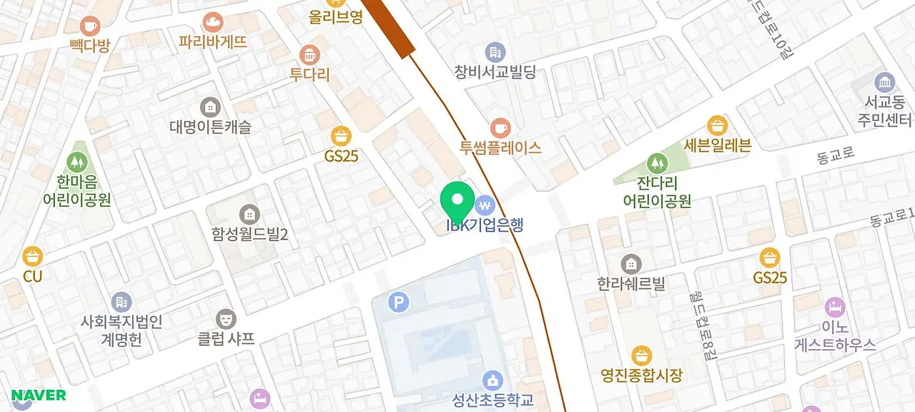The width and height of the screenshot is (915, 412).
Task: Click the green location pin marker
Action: click(458, 200)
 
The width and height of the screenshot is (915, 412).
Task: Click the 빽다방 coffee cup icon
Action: click(90, 26)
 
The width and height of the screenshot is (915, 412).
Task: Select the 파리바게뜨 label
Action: click(213, 42)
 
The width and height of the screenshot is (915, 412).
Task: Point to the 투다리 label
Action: click(310, 74)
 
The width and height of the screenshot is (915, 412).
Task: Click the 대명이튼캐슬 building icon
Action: click(210, 107)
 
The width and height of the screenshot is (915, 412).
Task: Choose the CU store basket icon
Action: click(32, 256)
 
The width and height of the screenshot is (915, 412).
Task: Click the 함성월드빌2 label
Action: click(249, 233)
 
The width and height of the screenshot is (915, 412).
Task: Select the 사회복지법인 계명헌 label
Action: click(122, 330)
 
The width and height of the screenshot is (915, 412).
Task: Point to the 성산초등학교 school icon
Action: click(493, 381)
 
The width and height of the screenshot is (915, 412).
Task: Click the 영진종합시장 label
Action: click(641, 374)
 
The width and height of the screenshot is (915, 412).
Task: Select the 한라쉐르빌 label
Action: click(631, 283)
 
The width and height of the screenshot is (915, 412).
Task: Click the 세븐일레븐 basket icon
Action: click(717, 127)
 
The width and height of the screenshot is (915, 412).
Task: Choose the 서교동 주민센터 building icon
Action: click(885, 82)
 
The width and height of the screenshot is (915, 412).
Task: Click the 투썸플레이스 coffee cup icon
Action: click(500, 128)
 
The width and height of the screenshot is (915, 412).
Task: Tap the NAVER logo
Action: click(39, 396)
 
